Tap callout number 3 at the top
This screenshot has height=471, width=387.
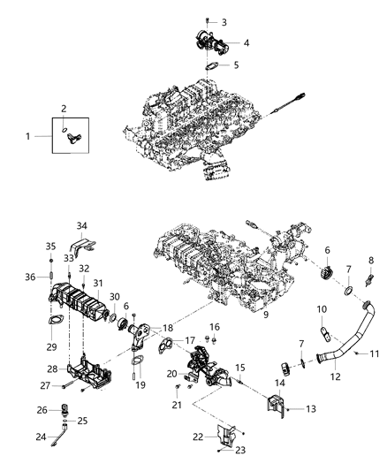(x=223, y=21)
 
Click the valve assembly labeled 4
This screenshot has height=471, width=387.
(x=209, y=42)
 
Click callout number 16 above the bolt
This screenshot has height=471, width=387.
(x=213, y=327)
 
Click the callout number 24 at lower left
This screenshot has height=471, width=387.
(x=39, y=437)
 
